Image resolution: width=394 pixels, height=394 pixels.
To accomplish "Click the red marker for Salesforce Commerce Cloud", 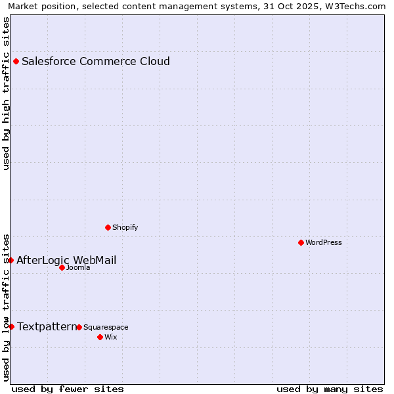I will [x=16, y=62].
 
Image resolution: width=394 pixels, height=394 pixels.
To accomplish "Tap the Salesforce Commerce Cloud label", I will [x=96, y=62].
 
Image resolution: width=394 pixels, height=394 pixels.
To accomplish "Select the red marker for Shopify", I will [x=108, y=227].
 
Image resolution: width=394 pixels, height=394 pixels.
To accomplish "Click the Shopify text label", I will [x=125, y=228].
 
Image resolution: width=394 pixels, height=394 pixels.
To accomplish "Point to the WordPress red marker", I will [x=301, y=242].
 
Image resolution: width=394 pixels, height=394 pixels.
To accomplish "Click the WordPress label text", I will [x=323, y=243].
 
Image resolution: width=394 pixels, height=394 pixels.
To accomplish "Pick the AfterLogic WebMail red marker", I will [x=11, y=261].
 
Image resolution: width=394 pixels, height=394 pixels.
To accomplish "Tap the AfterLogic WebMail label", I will [x=66, y=261].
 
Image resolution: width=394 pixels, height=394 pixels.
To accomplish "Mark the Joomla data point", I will [x=62, y=267].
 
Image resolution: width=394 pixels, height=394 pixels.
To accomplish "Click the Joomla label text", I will [x=78, y=268].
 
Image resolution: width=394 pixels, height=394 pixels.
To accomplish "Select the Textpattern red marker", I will [x=11, y=326].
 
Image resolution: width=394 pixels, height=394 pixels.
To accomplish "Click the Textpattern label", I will [x=47, y=326].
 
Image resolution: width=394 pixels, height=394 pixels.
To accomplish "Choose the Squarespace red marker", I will [x=79, y=327].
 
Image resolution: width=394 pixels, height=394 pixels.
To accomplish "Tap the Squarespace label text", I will [x=106, y=328].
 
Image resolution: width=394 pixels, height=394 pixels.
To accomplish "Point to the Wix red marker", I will [x=100, y=337].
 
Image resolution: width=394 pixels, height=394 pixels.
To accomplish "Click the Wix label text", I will [x=111, y=338].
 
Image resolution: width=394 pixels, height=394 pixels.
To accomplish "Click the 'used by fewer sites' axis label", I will [x=68, y=389].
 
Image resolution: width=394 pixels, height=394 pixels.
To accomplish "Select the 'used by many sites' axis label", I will [x=330, y=389].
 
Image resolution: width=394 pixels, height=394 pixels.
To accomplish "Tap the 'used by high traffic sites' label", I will [x=6, y=93].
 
